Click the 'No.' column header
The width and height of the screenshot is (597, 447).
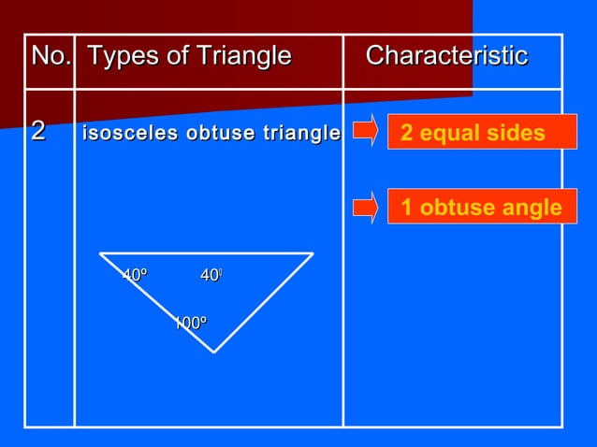click(51, 57)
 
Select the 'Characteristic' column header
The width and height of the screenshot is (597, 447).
click(446, 57)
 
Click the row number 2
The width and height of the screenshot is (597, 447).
click(38, 133)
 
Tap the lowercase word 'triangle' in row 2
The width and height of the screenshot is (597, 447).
click(300, 134)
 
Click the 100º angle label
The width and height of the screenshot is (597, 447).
click(191, 324)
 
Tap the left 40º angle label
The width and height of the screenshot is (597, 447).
click(136, 275)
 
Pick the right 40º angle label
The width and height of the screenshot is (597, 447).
click(211, 275)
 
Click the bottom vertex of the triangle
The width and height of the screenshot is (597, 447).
click(214, 352)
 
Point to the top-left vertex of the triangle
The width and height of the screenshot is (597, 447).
click(100, 253)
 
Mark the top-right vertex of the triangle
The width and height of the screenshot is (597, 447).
click(313, 253)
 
